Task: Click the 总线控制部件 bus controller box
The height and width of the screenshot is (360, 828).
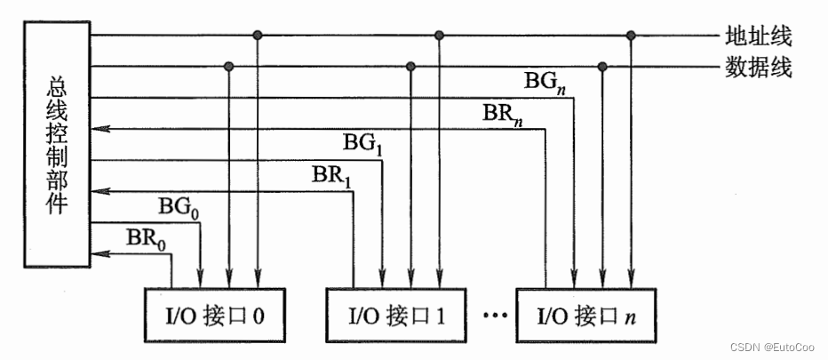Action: (58, 142)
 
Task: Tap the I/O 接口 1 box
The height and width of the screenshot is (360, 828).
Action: (394, 315)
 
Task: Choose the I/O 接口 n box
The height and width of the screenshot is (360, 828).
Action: (585, 315)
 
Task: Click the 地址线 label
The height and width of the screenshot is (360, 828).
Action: (758, 36)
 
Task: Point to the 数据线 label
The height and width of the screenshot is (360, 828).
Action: (758, 67)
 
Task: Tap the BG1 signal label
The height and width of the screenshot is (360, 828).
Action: (362, 143)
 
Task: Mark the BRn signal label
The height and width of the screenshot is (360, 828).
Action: (506, 113)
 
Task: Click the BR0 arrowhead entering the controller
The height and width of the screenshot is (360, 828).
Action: (98, 253)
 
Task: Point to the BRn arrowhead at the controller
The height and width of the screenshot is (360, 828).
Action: (98, 129)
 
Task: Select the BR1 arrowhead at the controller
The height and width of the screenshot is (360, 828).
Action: (98, 190)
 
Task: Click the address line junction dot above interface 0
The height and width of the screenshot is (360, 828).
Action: (258, 36)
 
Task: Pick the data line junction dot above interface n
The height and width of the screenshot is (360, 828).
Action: (602, 66)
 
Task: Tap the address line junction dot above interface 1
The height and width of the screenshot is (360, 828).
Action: (438, 36)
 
